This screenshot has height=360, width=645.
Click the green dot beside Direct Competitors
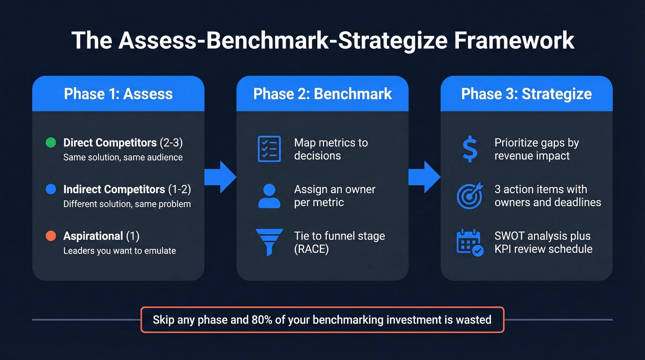coord(51,142)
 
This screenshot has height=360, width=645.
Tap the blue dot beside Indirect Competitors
coord(51,189)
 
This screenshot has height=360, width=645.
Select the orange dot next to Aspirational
coord(51,236)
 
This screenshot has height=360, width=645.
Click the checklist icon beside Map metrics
coord(269,149)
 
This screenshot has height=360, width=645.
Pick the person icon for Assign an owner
coord(269,196)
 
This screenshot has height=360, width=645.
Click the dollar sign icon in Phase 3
coord(469,149)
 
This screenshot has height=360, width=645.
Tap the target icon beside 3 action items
coord(469,196)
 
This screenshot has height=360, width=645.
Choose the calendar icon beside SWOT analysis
coord(469,243)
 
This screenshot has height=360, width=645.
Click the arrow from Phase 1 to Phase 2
coord(220,177)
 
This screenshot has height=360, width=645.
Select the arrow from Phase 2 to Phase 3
coord(424,177)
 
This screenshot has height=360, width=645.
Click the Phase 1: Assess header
coord(118,94)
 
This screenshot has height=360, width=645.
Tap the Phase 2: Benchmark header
coord(322,94)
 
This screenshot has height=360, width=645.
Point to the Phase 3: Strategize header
coord(527,94)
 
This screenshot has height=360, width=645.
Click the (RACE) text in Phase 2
coord(311,249)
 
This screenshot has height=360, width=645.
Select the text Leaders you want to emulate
coord(119,251)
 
